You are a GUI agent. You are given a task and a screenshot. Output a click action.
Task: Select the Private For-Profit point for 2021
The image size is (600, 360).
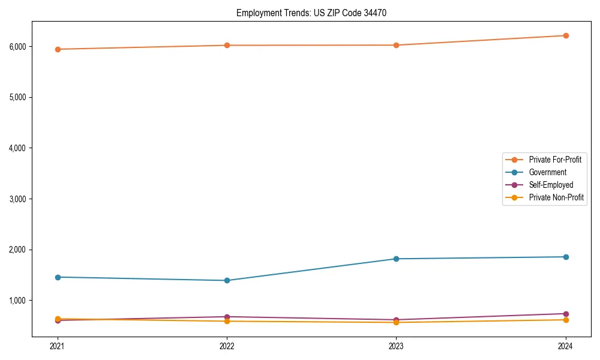coord(58,49)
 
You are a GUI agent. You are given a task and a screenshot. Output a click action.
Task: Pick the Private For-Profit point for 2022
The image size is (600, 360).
coord(227,45)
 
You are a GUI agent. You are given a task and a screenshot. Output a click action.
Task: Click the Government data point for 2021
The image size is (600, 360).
coord(58,277)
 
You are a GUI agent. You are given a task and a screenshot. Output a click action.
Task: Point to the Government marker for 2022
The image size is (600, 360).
coord(227,280)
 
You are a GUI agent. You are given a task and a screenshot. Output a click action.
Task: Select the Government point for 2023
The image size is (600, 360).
coord(396,259)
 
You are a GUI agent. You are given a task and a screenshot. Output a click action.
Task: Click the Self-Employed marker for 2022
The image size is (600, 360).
coord(227,317)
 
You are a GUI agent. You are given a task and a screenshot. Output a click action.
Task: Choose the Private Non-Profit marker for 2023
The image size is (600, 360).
coord(396,322)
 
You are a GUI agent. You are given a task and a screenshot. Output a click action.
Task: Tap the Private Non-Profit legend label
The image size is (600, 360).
coord(556,197)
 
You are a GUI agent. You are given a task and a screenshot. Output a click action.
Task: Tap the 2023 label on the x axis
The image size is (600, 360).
coord(396,346)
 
